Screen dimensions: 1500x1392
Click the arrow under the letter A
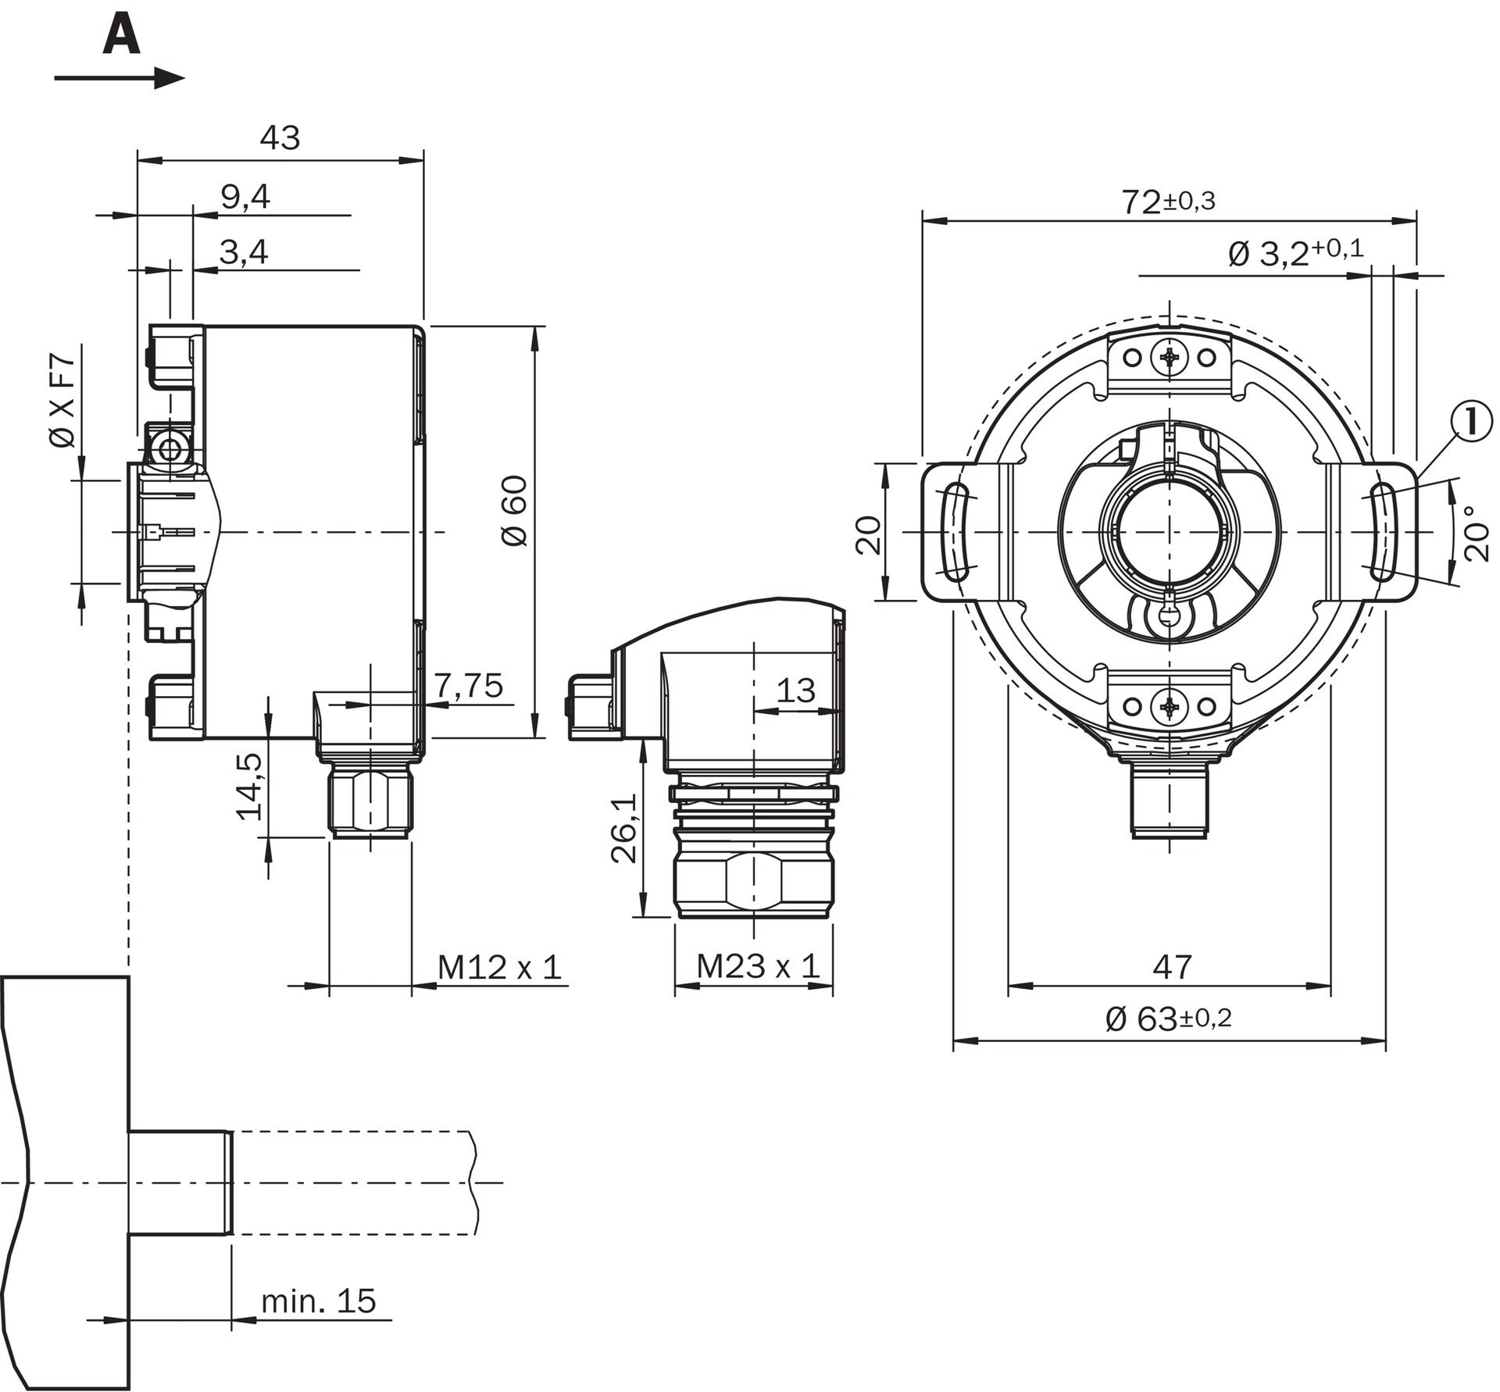pyautogui.click(x=120, y=78)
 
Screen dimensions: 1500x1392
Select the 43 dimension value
pyautogui.click(x=280, y=137)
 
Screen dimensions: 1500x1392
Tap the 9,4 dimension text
pyautogui.click(x=245, y=197)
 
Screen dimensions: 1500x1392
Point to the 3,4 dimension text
pyautogui.click(x=244, y=252)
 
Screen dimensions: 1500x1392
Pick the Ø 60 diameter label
pyautogui.click(x=516, y=511)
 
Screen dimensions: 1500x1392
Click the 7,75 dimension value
pyautogui.click(x=469, y=685)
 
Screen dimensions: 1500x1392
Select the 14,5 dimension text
pyautogui.click(x=249, y=787)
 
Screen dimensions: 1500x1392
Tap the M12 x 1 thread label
pyautogui.click(x=499, y=967)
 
